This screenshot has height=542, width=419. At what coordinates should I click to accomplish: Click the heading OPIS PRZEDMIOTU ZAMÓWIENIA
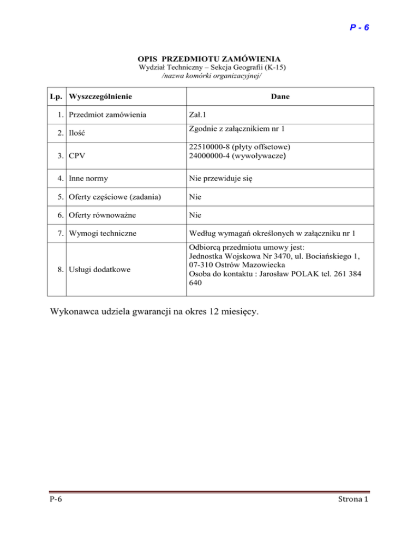(209, 59)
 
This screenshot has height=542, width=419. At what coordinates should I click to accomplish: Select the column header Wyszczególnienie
(100, 97)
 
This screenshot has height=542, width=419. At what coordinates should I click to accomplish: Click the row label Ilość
(79, 133)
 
